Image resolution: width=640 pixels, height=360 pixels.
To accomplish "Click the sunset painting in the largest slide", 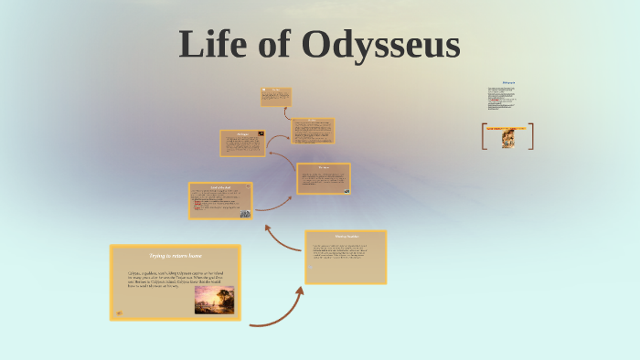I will click(214, 300).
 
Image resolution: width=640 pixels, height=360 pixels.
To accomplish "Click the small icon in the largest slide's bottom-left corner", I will click(118, 313).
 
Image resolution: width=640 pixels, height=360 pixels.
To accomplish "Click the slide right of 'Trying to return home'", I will click(345, 257).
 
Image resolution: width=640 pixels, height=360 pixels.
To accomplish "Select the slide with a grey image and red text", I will click(220, 201).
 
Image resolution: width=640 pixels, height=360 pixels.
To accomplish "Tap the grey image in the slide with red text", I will click(245, 213).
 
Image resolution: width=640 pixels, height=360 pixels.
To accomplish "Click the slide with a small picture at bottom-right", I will click(323, 178).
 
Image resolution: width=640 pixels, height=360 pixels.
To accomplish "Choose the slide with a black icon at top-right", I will click(242, 143).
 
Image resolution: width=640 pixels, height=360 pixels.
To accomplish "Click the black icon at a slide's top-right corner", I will click(261, 134).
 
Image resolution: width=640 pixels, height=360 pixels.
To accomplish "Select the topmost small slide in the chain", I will click(276, 97).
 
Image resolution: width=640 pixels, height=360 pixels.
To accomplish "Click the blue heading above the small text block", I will click(508, 83).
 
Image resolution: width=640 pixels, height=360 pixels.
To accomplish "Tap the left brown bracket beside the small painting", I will click(484, 136).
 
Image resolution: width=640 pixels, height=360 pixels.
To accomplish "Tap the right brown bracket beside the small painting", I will click(531, 136).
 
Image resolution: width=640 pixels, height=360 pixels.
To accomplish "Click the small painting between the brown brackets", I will click(507, 139).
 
